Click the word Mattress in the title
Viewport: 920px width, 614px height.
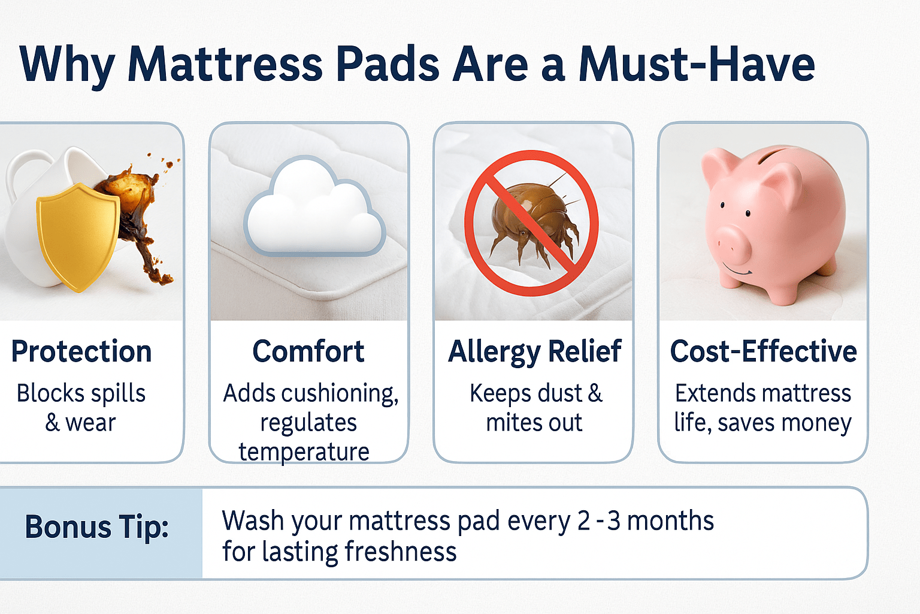[225, 65]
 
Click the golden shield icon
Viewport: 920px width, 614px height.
[77, 237]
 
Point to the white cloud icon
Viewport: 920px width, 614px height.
[314, 207]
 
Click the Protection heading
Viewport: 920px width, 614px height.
[81, 351]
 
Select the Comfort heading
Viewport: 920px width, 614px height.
[308, 351]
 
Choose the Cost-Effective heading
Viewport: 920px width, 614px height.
[764, 351]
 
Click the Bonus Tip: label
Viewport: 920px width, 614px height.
[97, 527]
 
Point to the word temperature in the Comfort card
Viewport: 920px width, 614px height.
[304, 452]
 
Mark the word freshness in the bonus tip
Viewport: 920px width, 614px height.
[401, 551]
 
